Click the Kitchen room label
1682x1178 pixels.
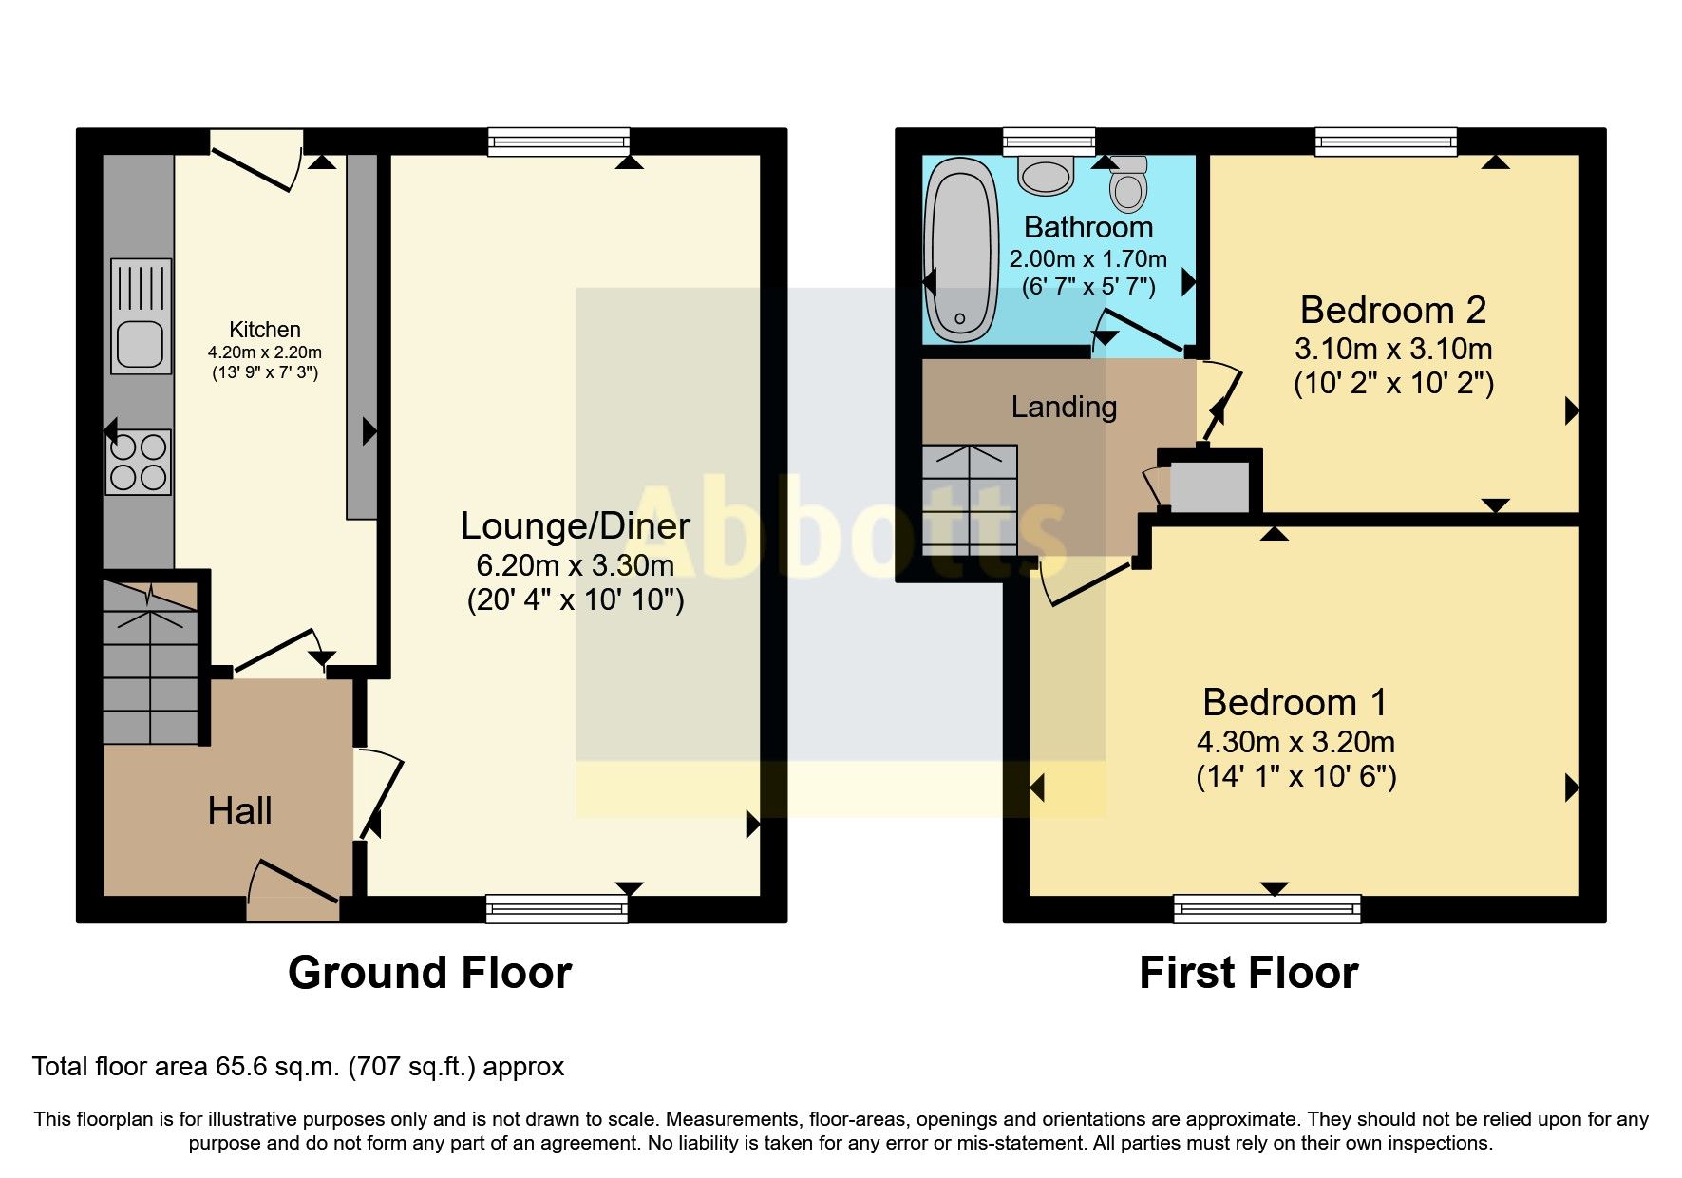(264, 330)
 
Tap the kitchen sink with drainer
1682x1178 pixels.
(141, 315)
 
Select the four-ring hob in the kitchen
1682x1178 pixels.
(139, 463)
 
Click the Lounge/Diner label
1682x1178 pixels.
(575, 525)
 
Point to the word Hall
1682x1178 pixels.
(239, 810)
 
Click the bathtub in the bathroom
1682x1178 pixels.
(961, 251)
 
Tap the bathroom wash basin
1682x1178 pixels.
(1046, 176)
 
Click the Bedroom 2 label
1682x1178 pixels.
(1392, 310)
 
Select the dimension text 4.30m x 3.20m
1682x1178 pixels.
(1295, 742)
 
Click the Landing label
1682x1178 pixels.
(1063, 407)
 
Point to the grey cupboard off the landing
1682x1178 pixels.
(1208, 486)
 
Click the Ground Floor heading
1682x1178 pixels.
(429, 973)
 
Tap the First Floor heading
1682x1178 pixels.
(1248, 973)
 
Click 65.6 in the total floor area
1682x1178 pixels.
(240, 1067)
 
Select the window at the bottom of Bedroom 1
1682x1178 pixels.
(1267, 908)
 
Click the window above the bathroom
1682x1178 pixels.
(1049, 142)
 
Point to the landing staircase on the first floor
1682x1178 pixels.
(969, 501)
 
